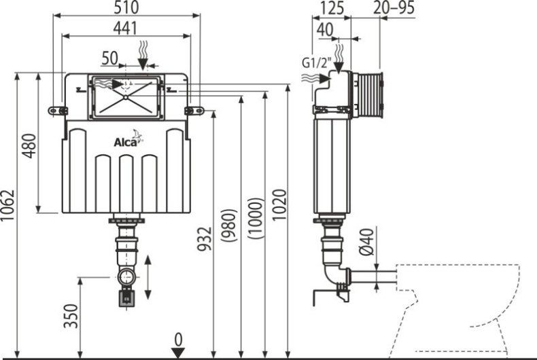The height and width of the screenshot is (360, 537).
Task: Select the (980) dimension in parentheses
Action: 232,220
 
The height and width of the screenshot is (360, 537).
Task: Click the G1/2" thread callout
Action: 317,63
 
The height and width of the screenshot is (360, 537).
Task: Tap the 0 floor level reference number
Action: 178,338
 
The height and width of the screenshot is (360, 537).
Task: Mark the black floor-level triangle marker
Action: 178,352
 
